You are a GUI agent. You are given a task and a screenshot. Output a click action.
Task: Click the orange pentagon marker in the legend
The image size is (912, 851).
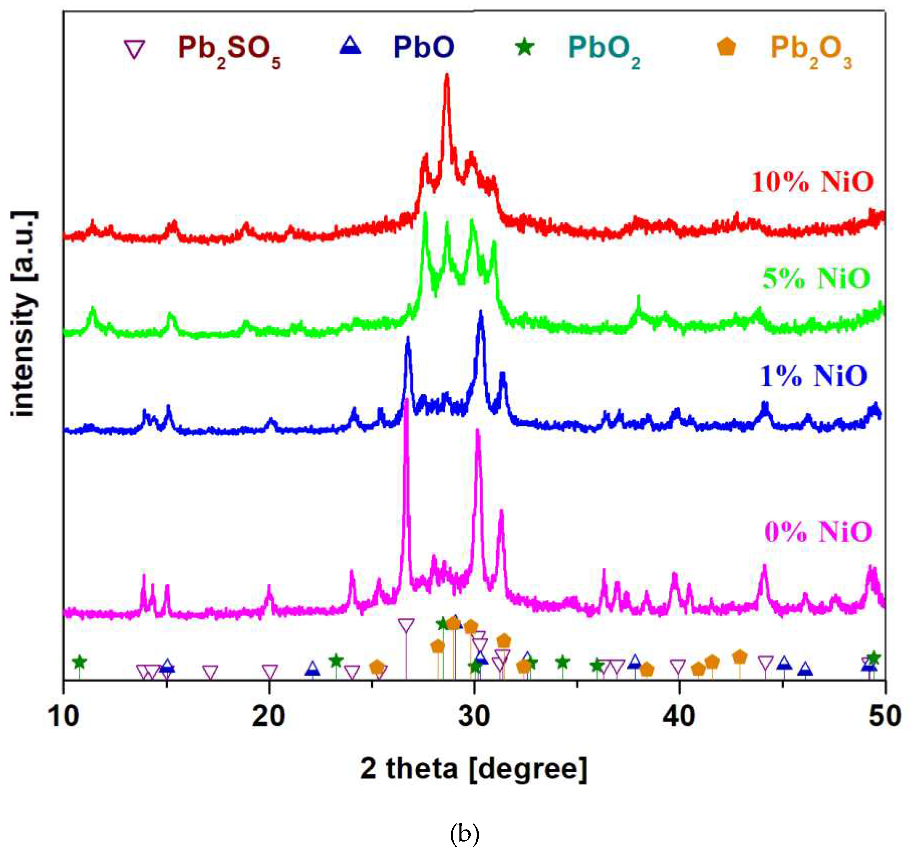click(x=727, y=46)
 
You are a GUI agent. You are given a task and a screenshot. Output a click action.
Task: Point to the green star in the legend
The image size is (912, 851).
click(x=525, y=47)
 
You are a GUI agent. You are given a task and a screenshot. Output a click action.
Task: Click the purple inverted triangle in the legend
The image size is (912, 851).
click(x=135, y=49)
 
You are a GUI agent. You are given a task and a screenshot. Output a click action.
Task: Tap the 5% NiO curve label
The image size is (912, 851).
click(x=816, y=278)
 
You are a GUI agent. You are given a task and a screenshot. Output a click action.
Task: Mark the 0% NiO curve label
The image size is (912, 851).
click(x=818, y=532)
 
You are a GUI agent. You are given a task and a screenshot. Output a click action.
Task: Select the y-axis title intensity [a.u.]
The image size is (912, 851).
click(x=23, y=314)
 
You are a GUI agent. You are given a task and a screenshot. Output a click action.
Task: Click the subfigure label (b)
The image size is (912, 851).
click(x=464, y=834)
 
